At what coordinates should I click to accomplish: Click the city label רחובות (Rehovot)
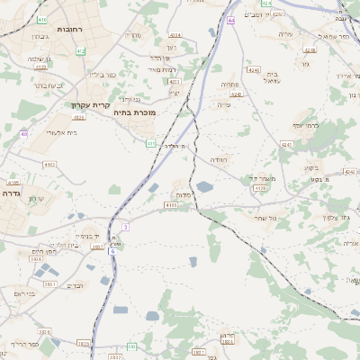click(69, 30)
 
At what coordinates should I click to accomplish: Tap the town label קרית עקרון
click(89, 104)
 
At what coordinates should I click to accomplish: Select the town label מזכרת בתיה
click(134, 113)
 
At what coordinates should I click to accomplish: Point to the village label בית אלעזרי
click(60, 132)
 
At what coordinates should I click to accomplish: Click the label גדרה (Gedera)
click(11, 193)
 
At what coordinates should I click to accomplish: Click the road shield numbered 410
click(42, 18)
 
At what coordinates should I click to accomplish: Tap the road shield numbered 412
click(79, 117)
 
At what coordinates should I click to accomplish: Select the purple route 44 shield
click(231, 20)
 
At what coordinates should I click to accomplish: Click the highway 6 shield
click(112, 251)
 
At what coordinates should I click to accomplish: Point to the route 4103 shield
click(171, 205)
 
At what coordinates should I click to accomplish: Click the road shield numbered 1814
click(229, 342)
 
